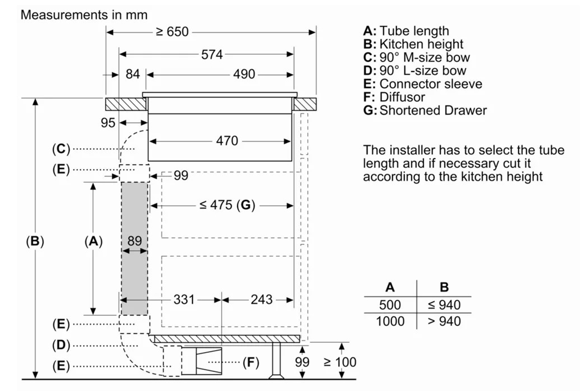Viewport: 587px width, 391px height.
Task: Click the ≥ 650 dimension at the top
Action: click(172, 32)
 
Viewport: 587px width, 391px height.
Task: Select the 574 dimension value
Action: click(212, 54)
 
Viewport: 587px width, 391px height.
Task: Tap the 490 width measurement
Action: click(244, 74)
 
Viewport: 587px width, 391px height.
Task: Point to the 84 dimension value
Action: click(133, 74)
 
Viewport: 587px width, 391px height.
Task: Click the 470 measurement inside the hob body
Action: click(227, 141)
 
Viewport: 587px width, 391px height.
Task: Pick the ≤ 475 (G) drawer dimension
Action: click(227, 205)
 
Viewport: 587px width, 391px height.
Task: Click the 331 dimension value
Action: click(184, 300)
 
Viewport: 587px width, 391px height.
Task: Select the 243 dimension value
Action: click(261, 300)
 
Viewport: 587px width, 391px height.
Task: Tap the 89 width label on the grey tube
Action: click(134, 241)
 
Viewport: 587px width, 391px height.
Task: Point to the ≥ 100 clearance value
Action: click(340, 362)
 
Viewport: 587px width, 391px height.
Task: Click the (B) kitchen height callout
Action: click(35, 241)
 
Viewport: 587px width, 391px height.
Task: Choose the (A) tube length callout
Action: click(94, 241)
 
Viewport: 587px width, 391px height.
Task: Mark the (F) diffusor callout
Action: click(251, 362)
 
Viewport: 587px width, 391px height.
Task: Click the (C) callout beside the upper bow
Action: click(61, 149)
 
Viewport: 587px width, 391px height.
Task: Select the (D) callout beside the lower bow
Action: click(61, 345)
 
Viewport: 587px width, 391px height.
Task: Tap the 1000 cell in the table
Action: click(390, 321)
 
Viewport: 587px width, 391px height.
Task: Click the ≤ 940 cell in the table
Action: click(444, 305)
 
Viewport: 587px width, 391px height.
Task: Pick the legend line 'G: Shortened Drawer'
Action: click(425, 111)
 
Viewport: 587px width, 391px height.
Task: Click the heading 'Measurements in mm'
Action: click(84, 15)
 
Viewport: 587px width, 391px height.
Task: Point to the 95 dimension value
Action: click(108, 123)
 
